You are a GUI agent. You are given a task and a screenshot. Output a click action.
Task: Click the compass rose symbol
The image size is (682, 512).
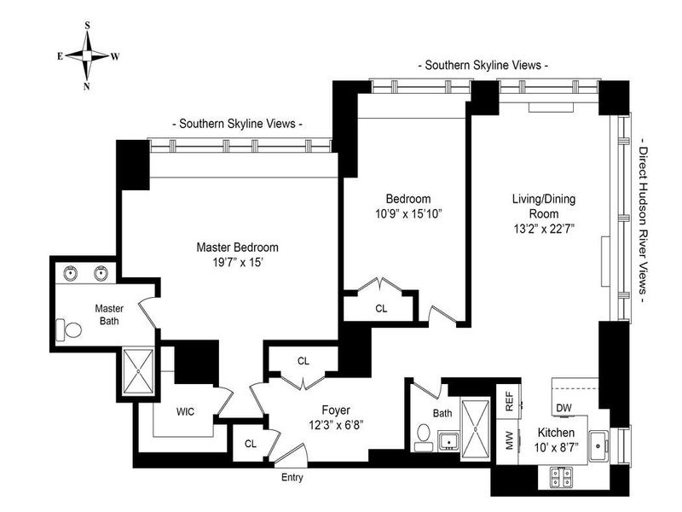coord(88,55)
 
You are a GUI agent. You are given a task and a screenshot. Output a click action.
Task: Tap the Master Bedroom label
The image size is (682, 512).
coord(237,247)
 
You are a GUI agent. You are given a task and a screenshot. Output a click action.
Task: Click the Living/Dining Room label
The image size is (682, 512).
coord(544,206)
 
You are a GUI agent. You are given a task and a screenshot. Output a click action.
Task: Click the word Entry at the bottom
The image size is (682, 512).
coord(292,477)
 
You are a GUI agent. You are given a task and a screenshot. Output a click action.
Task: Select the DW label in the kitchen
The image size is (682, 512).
coord(564,407)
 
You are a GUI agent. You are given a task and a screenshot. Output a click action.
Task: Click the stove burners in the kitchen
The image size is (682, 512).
coord(563,475)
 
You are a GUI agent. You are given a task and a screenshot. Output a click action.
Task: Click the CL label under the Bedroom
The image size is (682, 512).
coord(380,308)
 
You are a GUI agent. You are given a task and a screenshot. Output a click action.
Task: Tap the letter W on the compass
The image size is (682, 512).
coord(115,56)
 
